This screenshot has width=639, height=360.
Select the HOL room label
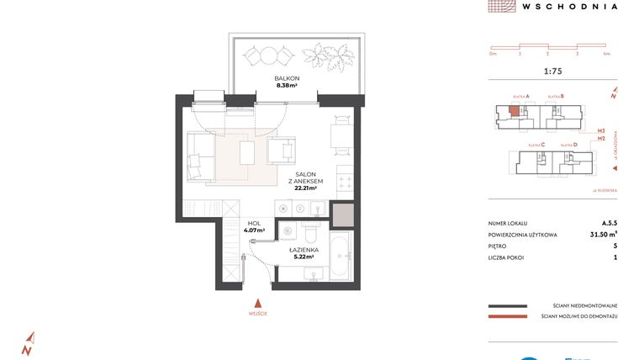254,224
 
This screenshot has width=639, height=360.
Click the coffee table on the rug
247,153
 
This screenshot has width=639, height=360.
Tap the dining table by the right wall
340,135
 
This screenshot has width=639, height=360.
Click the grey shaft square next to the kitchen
342,217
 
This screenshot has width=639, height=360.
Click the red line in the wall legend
507,317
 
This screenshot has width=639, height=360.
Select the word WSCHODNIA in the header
569,6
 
